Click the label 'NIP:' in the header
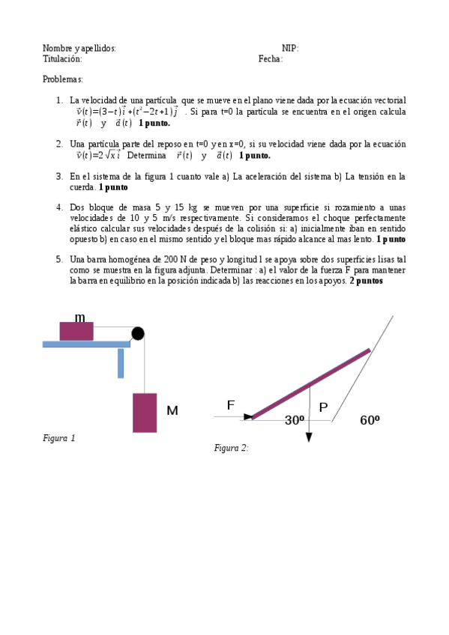(289, 49)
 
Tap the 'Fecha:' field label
(270, 59)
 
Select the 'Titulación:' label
(62, 59)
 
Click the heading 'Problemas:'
(62, 79)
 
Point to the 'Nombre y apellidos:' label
(79, 49)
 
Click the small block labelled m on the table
(76, 331)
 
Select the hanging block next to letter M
(145, 412)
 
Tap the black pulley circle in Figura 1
(137, 333)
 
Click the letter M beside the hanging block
(172, 410)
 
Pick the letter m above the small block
(79, 317)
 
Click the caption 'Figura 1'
(59, 438)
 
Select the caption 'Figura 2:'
(231, 448)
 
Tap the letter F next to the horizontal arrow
(231, 405)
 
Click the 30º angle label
(295, 421)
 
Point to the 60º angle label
(370, 421)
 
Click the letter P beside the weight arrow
(323, 407)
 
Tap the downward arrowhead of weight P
(309, 437)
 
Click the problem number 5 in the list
(59, 259)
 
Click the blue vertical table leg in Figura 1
(121, 362)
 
